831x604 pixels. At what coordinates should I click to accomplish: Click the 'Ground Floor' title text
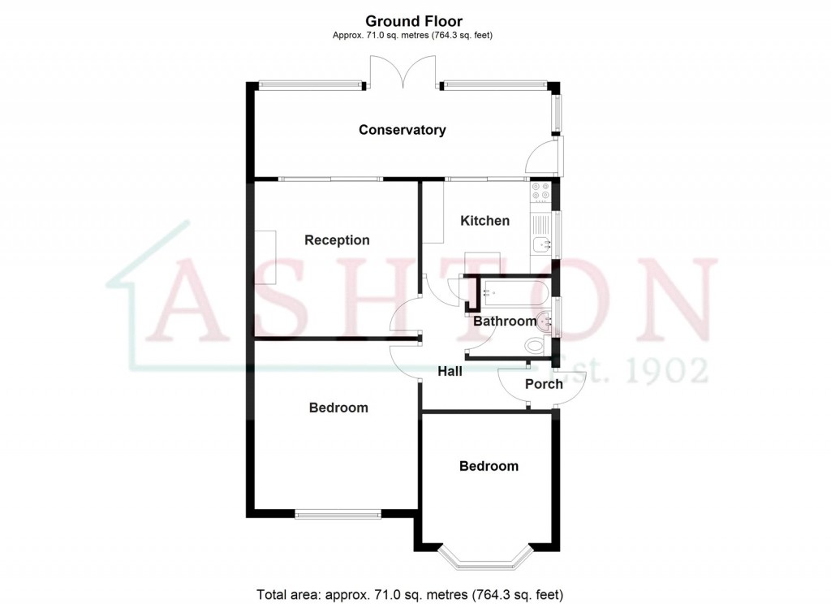coord(414,21)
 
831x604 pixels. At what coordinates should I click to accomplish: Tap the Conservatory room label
coord(403,130)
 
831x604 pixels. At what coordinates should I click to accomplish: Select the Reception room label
coord(337,240)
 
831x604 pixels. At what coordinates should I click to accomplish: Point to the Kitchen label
coord(485,221)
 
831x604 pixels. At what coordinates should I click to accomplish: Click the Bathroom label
coord(505,321)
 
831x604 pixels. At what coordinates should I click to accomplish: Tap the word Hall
coord(450,371)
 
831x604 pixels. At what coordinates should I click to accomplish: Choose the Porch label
coord(544,384)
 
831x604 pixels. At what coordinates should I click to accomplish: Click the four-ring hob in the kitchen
coord(540,192)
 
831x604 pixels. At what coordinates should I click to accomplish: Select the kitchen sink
coord(540,244)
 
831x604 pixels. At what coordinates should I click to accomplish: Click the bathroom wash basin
coord(545,321)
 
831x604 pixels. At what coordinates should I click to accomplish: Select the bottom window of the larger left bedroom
coord(337,513)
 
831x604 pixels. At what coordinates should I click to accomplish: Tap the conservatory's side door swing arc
coord(540,158)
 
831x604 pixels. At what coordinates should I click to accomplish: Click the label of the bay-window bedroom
coord(489,466)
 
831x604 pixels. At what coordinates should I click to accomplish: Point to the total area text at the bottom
coord(410,593)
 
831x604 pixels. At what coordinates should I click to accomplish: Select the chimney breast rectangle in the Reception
coord(265,257)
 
